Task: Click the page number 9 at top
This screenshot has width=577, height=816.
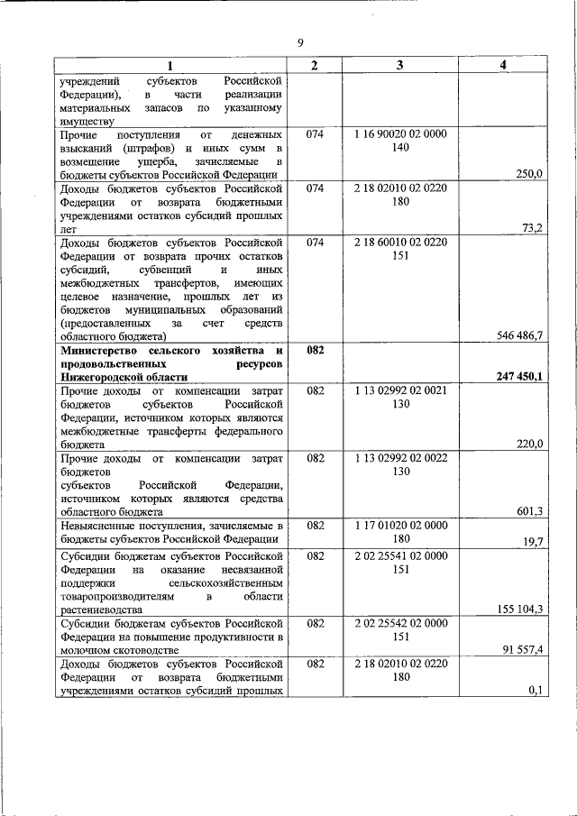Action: [300, 41]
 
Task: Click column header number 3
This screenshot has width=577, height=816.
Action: [399, 65]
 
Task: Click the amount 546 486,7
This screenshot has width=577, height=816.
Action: [519, 335]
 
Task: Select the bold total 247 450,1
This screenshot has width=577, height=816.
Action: [518, 377]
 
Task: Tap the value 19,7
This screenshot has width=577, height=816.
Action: [533, 541]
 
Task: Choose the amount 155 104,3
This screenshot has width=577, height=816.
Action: [519, 610]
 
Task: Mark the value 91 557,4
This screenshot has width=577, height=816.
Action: [522, 649]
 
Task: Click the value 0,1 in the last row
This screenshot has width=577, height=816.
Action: [536, 690]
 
